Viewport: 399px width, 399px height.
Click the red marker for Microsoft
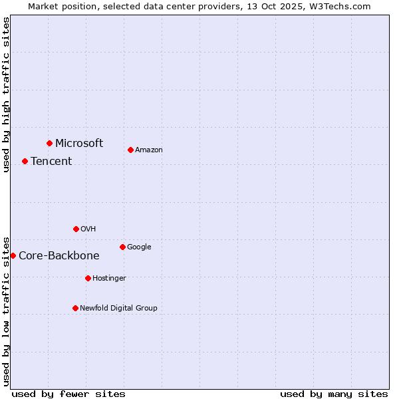[49, 143]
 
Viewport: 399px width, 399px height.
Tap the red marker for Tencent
[25, 161]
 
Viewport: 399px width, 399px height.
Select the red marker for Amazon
[130, 150]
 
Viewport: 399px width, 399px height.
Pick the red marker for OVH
[76, 229]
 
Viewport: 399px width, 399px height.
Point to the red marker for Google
[122, 247]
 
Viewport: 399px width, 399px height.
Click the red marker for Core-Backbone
[13, 255]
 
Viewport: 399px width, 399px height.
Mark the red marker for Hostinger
[88, 278]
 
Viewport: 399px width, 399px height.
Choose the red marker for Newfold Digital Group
[75, 308]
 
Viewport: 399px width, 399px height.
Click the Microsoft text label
[79, 143]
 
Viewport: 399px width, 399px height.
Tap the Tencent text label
[51, 161]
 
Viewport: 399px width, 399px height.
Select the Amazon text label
[149, 150]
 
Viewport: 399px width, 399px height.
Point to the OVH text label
[88, 229]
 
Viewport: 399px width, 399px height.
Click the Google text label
[139, 247]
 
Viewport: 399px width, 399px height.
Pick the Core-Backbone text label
[59, 255]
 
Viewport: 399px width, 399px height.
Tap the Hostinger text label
[109, 278]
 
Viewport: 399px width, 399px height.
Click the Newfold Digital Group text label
[118, 308]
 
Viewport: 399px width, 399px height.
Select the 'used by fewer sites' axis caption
[68, 394]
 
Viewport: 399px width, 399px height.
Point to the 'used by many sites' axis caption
[334, 394]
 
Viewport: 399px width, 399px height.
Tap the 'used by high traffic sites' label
[6, 94]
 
